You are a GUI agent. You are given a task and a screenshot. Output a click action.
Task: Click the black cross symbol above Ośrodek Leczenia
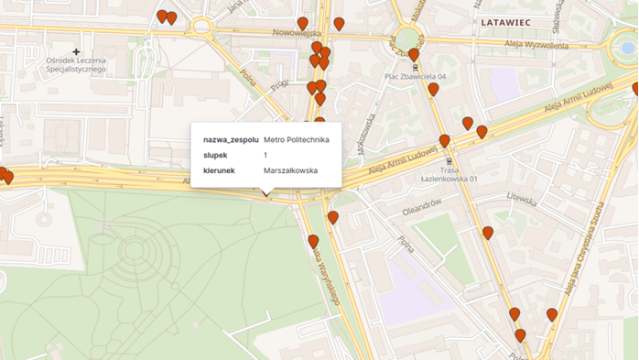point(77,51)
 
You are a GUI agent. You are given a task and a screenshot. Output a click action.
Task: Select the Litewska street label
point(519,197)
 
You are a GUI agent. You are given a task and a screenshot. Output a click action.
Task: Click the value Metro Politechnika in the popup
point(296,139)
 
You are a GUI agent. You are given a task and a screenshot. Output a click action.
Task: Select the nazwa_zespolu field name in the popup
point(231,139)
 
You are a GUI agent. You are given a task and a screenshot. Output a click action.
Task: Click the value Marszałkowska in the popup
point(290,170)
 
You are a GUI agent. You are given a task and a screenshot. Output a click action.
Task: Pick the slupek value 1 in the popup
point(265,155)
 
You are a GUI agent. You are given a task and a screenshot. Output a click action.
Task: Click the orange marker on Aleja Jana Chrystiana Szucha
point(552,315)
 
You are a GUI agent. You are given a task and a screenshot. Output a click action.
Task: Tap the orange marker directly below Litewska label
point(488,233)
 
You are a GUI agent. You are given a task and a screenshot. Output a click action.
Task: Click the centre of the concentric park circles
point(135,250)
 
